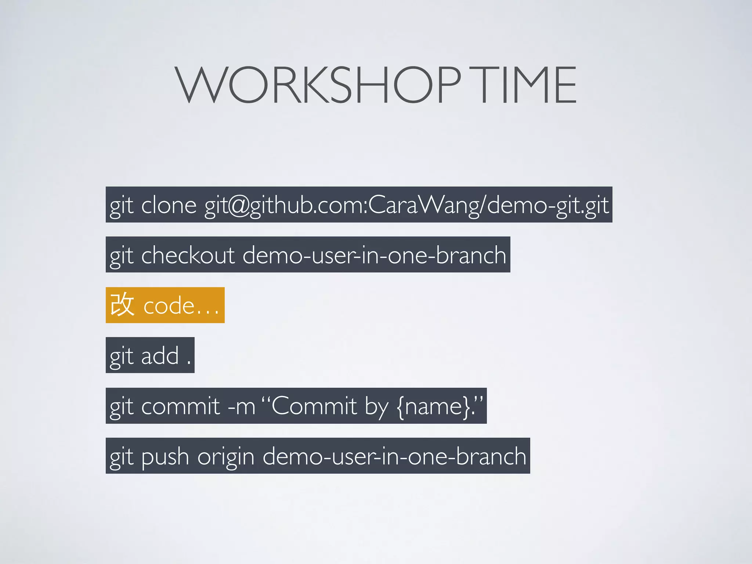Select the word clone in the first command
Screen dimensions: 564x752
point(169,205)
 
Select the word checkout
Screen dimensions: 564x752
point(188,255)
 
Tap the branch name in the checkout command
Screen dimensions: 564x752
point(374,255)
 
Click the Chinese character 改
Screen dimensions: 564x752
point(122,305)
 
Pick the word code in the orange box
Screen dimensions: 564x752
point(169,305)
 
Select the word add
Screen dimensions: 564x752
point(160,355)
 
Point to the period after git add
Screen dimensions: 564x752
point(189,363)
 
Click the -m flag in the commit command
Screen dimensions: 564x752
point(241,406)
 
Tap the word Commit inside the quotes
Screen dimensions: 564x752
point(314,406)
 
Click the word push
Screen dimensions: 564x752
point(165,456)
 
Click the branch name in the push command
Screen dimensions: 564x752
point(394,456)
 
